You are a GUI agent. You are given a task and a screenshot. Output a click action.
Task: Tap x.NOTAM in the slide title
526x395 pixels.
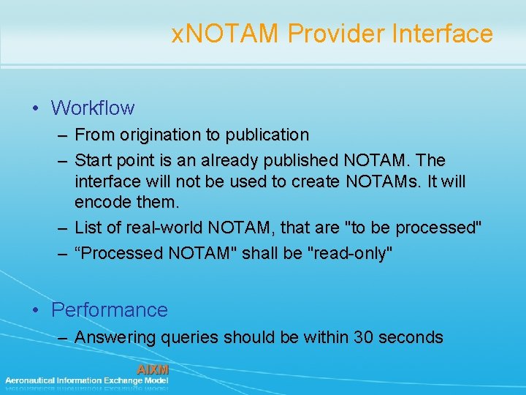(x=226, y=34)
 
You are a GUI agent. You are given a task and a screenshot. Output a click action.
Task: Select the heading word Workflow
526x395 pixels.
(x=93, y=108)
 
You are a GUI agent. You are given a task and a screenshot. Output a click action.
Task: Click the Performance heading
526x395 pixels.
(x=110, y=310)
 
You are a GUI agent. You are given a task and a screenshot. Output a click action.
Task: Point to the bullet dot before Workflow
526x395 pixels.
(x=37, y=109)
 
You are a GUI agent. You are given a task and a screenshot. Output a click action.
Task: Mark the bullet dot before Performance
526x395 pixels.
(x=37, y=311)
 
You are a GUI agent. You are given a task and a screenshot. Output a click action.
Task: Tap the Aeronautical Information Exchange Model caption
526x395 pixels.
(x=86, y=380)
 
